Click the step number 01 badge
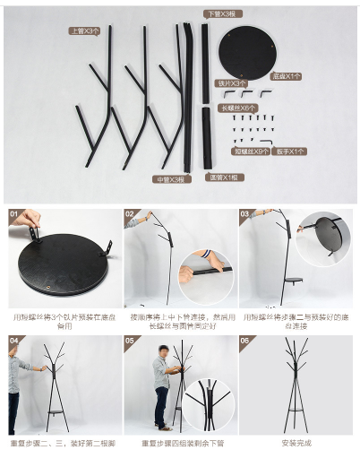pyautogui.click(x=14, y=215)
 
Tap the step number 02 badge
pyautogui.click(x=130, y=215)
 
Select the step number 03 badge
pyautogui.click(x=244, y=215)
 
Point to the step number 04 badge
pyautogui.click(x=14, y=342)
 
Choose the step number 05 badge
pyautogui.click(x=130, y=342)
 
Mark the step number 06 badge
pyautogui.click(x=244, y=342)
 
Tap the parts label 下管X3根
pyautogui.click(x=220, y=13)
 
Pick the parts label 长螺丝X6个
pyautogui.click(x=237, y=108)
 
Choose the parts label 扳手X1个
pyautogui.click(x=291, y=151)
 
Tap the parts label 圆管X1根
pyautogui.click(x=224, y=177)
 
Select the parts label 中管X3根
pyautogui.click(x=173, y=178)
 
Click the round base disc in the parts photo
pyautogui.click(x=248, y=52)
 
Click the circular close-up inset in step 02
pyautogui.click(x=206, y=276)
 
